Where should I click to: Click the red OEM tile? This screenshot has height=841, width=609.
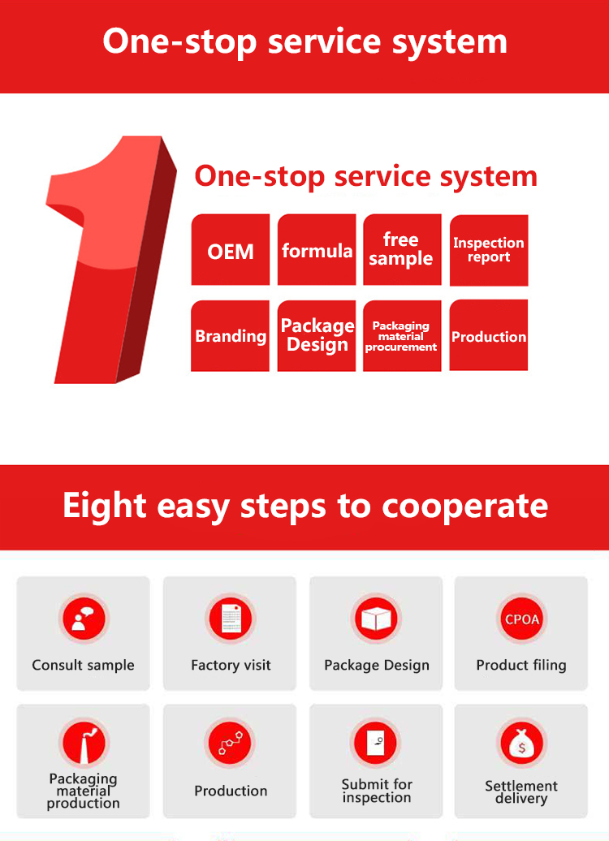coord(231,250)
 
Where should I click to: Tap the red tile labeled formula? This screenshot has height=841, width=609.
coord(317,250)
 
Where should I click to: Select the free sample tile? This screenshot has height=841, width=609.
coord(402,250)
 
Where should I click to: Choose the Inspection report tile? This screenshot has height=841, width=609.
coord(489,250)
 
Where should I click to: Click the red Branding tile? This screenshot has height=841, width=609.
coord(231,336)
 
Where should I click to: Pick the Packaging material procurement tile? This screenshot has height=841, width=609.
coord(401,336)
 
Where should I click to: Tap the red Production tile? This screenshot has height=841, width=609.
coord(489,336)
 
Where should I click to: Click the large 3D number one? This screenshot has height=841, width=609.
coord(110,260)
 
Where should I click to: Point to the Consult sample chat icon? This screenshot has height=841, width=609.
coord(83,619)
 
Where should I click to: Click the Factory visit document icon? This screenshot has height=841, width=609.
coord(231,619)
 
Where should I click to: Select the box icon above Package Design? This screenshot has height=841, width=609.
coord(376,619)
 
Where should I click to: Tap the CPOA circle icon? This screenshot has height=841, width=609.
coord(521,619)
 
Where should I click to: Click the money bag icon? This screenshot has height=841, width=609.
coord(521,744)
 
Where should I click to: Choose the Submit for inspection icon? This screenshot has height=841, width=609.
coord(376,744)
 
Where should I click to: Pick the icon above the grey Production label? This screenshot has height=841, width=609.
coord(231,744)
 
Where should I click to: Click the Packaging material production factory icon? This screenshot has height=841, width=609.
coord(83,744)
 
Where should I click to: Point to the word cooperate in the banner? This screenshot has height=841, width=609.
coord(465,506)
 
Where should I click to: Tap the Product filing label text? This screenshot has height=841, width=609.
coord(521,665)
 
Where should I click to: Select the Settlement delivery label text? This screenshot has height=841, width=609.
coord(521,792)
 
